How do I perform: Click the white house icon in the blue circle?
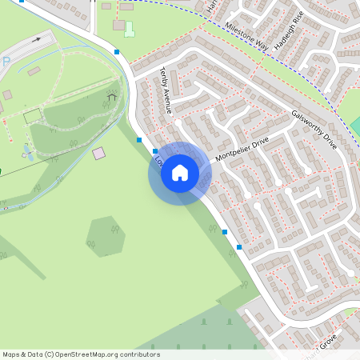[x=180, y=173]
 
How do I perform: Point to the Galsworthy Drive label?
[x=314, y=130]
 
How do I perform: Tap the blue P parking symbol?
[x=6, y=62]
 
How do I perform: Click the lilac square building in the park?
[x=98, y=153]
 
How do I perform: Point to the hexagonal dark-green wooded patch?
[x=106, y=235]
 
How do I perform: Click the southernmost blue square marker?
[x=239, y=247]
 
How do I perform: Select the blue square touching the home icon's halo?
[x=154, y=150]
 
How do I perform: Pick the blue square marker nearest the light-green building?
[x=117, y=52]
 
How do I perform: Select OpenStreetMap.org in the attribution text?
[x=89, y=354]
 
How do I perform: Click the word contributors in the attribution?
[x=141, y=354]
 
